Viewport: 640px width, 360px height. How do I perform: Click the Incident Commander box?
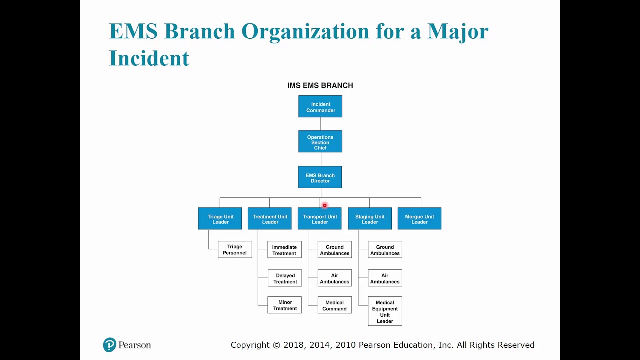[320, 107]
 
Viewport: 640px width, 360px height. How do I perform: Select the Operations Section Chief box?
[320, 142]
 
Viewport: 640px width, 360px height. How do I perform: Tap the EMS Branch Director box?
[320, 177]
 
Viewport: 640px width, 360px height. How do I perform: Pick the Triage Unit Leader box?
[220, 219]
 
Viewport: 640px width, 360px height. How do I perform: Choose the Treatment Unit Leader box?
[270, 219]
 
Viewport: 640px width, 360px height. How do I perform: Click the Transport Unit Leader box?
[320, 219]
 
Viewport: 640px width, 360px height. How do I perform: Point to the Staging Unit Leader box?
[370, 219]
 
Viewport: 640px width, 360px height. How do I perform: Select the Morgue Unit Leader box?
[419, 219]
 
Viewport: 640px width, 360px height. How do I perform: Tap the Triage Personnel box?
[235, 249]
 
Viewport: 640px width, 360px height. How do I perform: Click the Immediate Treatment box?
[284, 250]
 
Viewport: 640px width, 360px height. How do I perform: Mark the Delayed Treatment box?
[285, 278]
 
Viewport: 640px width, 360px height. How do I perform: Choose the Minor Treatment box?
[285, 305]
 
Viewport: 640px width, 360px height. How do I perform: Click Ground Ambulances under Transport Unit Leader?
[335, 250]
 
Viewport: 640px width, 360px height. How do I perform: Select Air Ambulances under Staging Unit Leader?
[385, 278]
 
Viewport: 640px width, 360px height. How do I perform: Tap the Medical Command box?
[335, 305]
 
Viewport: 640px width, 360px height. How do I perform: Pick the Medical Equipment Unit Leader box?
[385, 311]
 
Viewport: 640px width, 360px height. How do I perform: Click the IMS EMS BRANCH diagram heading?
[320, 85]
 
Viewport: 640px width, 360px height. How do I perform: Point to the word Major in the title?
[457, 31]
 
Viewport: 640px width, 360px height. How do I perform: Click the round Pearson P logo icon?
[109, 345]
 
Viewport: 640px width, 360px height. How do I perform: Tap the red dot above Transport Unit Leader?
[324, 205]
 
